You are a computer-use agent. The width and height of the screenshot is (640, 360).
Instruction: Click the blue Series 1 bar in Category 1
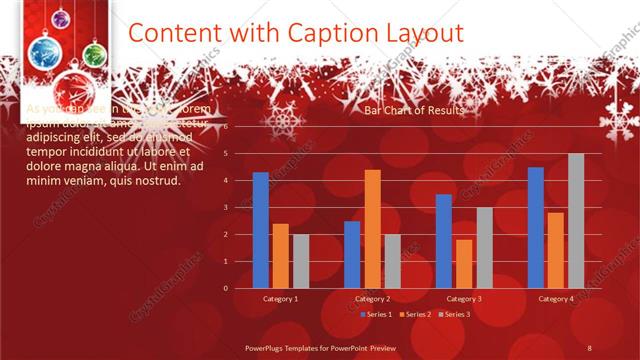260,230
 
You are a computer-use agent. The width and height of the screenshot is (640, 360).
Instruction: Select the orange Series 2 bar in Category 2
372,229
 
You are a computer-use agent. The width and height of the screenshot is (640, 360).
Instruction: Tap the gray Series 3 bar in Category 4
576,221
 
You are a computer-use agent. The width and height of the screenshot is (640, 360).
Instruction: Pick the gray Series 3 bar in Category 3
484,247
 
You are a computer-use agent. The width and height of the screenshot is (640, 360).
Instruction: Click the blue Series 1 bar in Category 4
536,227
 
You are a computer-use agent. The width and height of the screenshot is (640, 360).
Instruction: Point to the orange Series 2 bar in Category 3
464,263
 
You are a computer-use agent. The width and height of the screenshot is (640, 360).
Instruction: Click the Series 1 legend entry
376,314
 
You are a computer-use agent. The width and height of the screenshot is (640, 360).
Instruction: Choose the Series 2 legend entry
415,314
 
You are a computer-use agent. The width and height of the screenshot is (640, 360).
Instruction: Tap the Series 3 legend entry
454,314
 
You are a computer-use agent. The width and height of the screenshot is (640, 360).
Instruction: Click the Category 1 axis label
280,299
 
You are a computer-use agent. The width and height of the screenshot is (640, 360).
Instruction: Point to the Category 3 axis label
464,299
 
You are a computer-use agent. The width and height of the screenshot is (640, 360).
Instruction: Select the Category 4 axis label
556,299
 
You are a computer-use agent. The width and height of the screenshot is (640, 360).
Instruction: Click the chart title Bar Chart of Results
414,111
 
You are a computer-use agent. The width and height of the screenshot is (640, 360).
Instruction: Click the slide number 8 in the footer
590,347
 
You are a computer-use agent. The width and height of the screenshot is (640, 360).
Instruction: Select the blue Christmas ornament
45,52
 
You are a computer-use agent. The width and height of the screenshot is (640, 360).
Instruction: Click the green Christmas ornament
93,52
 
